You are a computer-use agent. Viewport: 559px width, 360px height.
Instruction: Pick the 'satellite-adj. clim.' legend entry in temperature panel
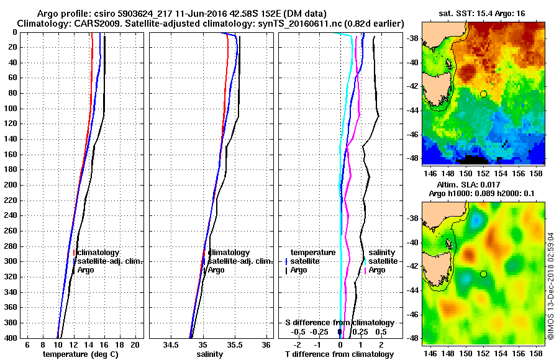(110, 261)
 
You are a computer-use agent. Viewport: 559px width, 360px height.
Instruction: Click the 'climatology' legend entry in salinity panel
(229, 253)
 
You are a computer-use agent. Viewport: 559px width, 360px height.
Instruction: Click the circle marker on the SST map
(483, 94)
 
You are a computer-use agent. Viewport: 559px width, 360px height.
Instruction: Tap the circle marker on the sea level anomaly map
(483, 274)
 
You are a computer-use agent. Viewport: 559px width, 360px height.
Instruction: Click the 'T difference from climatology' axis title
(339, 354)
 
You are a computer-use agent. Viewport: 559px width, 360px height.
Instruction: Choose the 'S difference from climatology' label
(339, 323)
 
